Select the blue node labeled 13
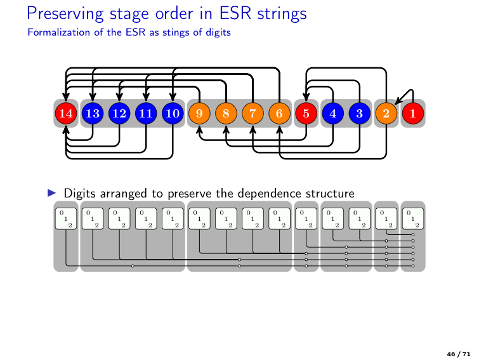[x=93, y=114]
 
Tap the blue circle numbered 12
[x=119, y=114]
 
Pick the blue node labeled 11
[x=146, y=114]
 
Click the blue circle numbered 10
[x=173, y=114]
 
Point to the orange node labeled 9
[x=199, y=114]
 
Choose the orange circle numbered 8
[x=226, y=114]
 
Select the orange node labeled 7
[x=253, y=114]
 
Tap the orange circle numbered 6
[x=279, y=114]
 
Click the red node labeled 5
[x=306, y=114]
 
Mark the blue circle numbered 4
[x=332, y=114]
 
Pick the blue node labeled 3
[x=359, y=114]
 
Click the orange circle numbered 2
[x=386, y=114]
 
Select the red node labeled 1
[x=412, y=114]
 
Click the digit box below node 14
[x=66, y=218]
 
